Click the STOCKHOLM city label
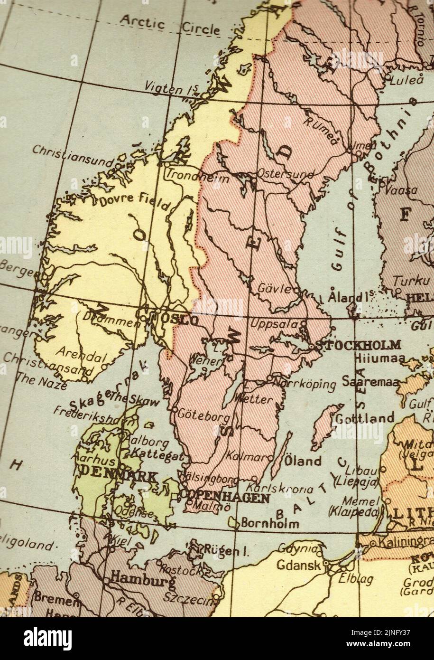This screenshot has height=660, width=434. (358, 345)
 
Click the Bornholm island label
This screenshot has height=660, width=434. (270, 523)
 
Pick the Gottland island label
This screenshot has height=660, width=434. (365, 418)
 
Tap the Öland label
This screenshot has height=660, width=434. (303, 461)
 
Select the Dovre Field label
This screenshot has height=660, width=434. (134, 201)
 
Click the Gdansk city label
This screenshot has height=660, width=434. (298, 566)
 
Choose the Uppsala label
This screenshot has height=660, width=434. (274, 325)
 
